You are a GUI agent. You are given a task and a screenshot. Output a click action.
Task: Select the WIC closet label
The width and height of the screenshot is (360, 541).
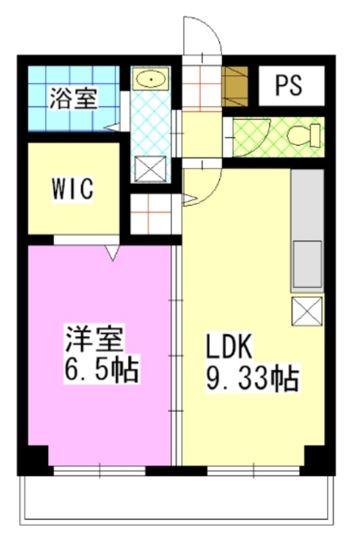pos(72,189)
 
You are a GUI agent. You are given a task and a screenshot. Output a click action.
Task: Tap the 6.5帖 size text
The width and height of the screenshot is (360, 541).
pos(102,370)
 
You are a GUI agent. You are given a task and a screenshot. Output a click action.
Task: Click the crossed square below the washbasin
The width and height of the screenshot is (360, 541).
pos(150,169)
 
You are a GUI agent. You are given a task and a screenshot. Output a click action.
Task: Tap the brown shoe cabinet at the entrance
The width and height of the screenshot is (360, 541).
pos(235,87)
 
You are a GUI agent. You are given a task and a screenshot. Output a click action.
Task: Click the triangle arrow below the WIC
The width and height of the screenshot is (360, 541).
pos(112,254)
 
